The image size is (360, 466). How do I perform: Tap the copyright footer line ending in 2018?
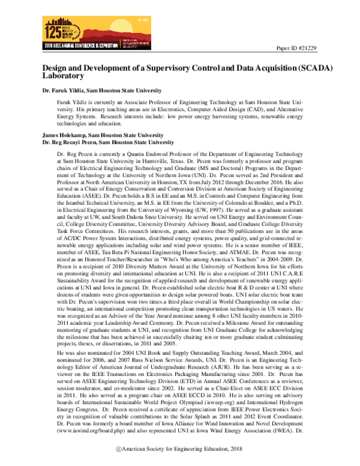click(179, 458)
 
